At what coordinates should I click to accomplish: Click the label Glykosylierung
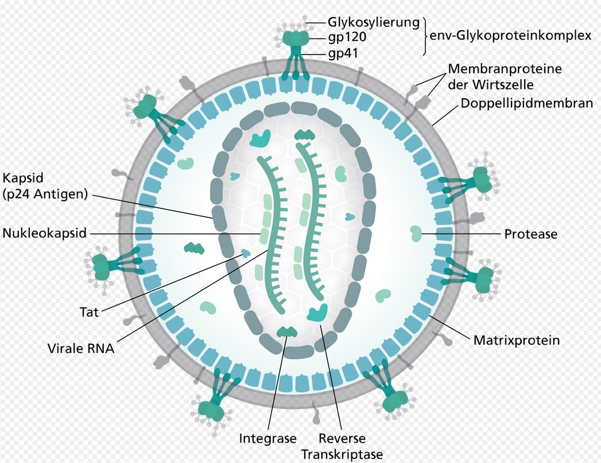374,23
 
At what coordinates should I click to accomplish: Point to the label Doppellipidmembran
526,104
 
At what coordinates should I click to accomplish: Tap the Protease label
530,234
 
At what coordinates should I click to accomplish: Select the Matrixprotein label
516,340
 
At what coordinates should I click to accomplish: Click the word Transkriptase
342,454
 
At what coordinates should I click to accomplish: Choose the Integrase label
267,439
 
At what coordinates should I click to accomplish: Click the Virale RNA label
81,348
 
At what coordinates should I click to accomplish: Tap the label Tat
89,313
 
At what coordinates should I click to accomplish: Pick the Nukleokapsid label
45,234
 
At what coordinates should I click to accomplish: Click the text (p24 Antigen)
45,194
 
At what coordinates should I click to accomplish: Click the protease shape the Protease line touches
416,233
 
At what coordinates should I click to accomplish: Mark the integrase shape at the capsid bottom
286,332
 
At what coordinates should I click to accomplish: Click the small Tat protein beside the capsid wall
246,253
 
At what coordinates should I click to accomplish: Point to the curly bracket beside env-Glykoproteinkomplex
425,36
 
